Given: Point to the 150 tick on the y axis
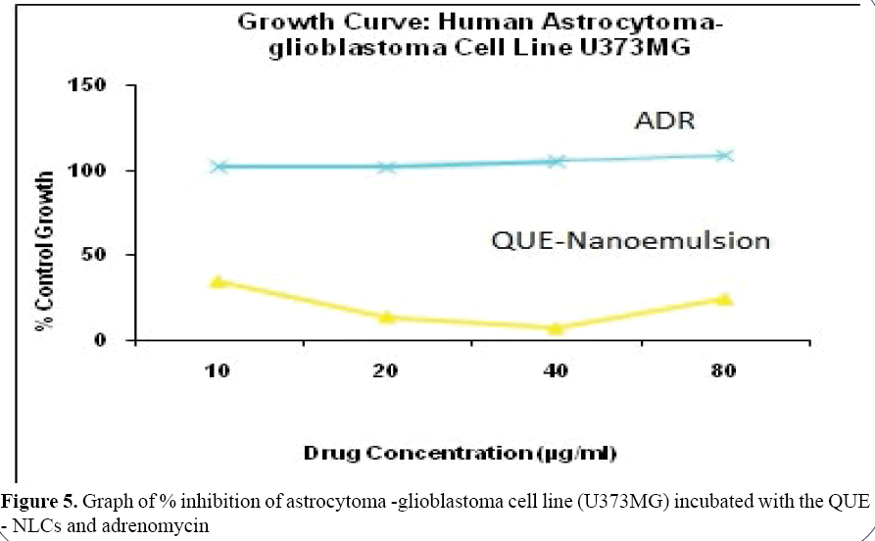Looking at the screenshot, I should coord(101,86).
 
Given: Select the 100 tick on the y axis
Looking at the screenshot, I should coord(101,171).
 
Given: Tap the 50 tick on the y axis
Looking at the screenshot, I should coord(108,256).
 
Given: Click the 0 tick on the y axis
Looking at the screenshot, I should coord(115,341).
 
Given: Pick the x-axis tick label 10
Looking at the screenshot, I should coord(219,372).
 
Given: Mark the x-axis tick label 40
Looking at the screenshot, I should coord(556,372).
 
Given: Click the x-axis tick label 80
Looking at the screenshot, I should coord(724,372).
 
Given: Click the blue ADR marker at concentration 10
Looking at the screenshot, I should coord(219,167).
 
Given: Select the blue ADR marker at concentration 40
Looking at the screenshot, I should coord(556,161).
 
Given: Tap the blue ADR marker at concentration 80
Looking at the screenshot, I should coord(724,155).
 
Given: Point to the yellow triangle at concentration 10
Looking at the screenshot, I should coord(219,282).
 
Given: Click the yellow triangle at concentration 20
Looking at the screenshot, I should coord(387,317).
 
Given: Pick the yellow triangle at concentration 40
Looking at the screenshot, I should coord(556,328).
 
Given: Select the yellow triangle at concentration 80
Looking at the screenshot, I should coord(724,299).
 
